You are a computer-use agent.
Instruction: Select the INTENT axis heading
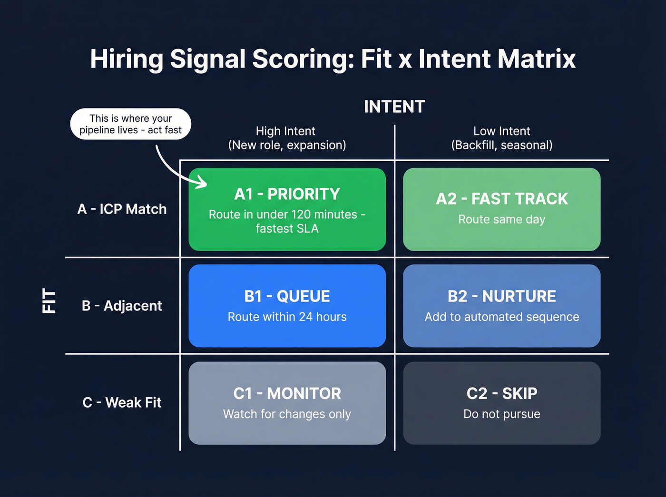pos(394,107)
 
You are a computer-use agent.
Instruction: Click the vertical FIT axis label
pos(49,301)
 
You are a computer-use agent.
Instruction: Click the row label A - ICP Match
pos(122,209)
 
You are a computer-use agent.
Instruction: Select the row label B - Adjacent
pos(122,306)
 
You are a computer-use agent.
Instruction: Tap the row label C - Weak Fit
pos(122,403)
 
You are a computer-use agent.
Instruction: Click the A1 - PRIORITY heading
pos(287,194)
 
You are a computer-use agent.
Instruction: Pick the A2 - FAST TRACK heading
pos(501,199)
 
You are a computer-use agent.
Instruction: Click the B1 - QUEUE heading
pos(287,296)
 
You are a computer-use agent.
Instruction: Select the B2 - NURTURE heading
pos(501,296)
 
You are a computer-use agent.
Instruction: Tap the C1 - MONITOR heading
pos(287,394)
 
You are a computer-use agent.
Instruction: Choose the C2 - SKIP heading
pos(501,394)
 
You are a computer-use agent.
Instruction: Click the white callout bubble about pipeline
pos(130,124)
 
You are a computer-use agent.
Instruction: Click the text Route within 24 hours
pos(287,317)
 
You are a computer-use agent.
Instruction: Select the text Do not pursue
pos(501,414)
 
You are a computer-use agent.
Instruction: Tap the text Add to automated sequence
pos(501,317)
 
